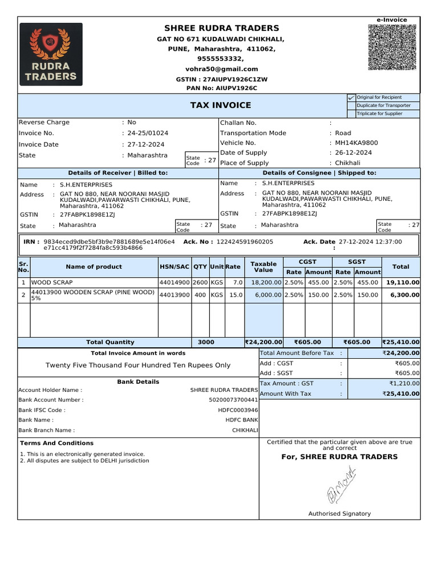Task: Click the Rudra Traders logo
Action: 51,54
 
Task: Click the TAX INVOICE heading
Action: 220,106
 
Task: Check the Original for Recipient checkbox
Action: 351,98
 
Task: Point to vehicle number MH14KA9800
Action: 356,143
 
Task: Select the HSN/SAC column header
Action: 175,267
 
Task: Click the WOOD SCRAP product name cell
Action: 52,282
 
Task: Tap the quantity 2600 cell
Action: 200,282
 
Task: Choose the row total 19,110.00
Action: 403,282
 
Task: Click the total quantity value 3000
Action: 206,342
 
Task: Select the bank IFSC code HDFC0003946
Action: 238,410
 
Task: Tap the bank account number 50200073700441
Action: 234,400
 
